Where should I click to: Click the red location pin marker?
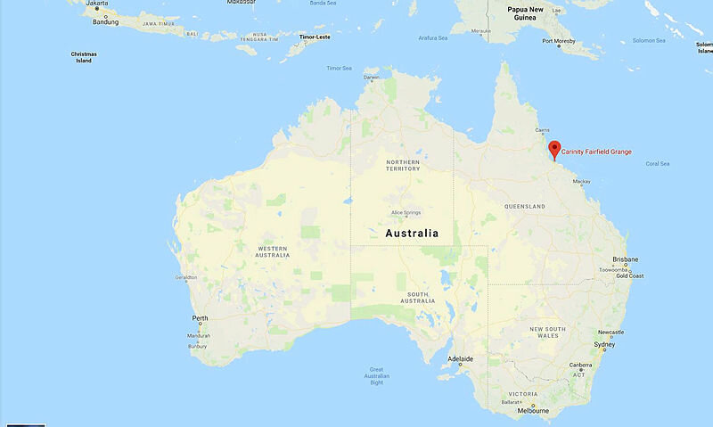pyautogui.click(x=553, y=150)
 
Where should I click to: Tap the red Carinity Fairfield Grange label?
pyautogui.click(x=596, y=152)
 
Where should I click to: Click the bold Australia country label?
pyautogui.click(x=412, y=233)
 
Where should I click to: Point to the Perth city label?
pyautogui.click(x=200, y=318)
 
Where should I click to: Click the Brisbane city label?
pyautogui.click(x=625, y=259)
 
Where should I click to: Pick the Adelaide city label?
pyautogui.click(x=460, y=359)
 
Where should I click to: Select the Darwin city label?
pyautogui.click(x=372, y=78)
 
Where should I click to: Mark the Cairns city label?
pyautogui.click(x=542, y=129)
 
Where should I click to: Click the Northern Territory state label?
pyautogui.click(x=402, y=166)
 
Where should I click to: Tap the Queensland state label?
pyautogui.click(x=524, y=206)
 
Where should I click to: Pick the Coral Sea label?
pyautogui.click(x=657, y=163)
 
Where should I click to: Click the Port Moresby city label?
pyautogui.click(x=558, y=40)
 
